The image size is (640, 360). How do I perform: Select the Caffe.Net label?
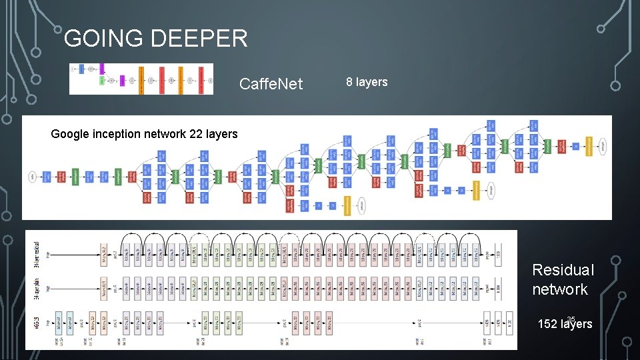click(271, 84)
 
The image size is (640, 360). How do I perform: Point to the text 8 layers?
click(366, 82)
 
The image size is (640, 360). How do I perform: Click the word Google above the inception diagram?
click(70, 134)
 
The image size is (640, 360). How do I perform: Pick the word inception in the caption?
click(125, 134)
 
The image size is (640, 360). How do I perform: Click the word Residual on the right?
click(563, 270)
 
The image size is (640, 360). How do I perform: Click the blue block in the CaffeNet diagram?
click(81, 68)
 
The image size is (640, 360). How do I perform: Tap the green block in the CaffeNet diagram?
click(102, 81)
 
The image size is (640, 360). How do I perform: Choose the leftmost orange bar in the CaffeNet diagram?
click(141, 79)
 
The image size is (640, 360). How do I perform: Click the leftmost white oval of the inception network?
click(32, 177)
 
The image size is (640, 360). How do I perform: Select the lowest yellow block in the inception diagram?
click(347, 206)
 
